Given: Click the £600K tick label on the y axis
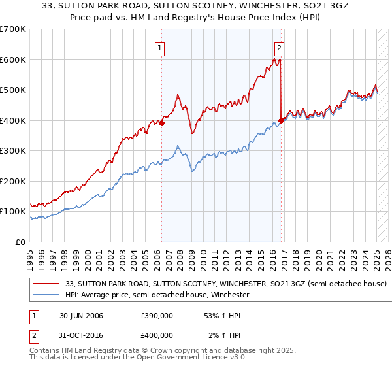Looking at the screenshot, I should (12, 59).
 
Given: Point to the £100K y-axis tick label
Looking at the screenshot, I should (12, 212).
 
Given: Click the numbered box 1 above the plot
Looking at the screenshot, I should (160, 47).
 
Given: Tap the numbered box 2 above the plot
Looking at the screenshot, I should (279, 47).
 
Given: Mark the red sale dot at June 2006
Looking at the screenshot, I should (161, 124).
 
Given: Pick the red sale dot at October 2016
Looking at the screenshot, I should (281, 120).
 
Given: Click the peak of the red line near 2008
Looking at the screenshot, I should (178, 95).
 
